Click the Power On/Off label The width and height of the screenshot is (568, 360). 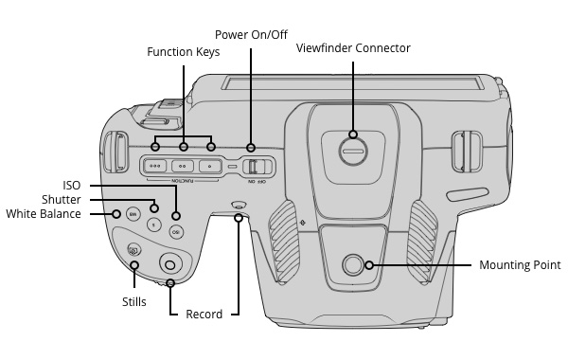pos(251,35)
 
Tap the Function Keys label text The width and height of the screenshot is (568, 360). pos(184,52)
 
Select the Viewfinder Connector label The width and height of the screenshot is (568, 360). pos(353,48)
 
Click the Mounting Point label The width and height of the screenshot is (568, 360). pos(520,265)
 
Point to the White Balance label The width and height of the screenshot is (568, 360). pos(44,214)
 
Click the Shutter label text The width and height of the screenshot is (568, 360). pos(62,199)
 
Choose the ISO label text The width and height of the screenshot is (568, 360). pos(72,186)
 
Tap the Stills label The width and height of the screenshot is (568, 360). pos(134,301)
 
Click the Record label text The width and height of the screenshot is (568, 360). pos(204,314)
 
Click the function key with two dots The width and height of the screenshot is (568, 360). pos(183,167)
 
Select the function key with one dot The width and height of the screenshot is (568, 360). pos(210,167)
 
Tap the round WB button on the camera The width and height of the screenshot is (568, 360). pos(133,215)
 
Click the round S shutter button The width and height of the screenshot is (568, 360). pos(154,225)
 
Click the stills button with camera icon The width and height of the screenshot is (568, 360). pos(134,250)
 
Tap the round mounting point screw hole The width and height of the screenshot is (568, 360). pos(352,264)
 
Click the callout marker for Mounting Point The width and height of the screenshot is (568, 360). pos(369,265)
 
